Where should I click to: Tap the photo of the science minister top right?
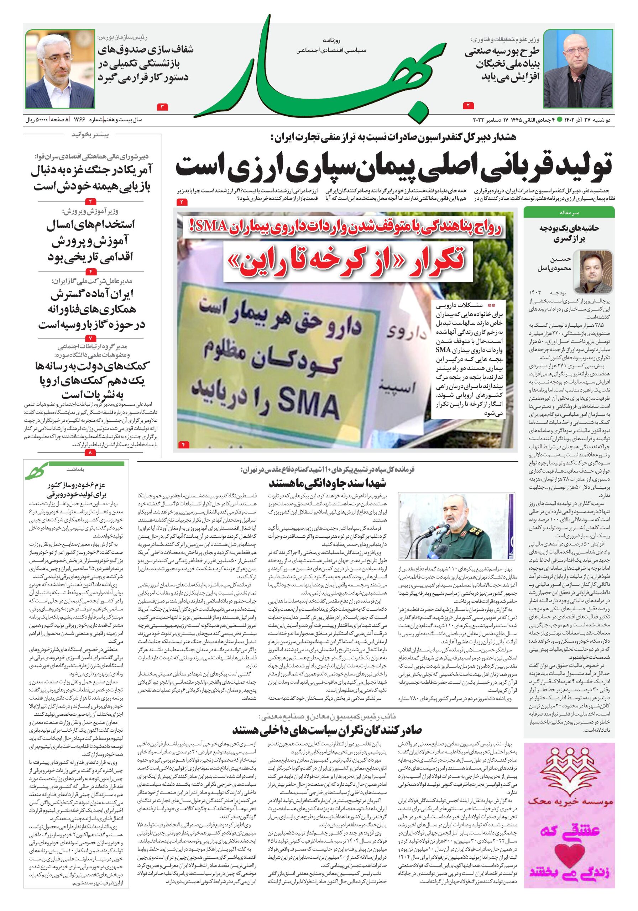pyautogui.click(x=578, y=68)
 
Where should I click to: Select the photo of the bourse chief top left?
pyautogui.click(x=60, y=68)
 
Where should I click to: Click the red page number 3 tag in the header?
pyautogui.click(x=163, y=107)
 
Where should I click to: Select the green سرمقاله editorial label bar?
pyautogui.click(x=569, y=213)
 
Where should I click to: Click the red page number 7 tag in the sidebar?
pyautogui.click(x=90, y=338)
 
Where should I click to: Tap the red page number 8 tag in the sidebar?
pyautogui.click(x=90, y=452)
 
